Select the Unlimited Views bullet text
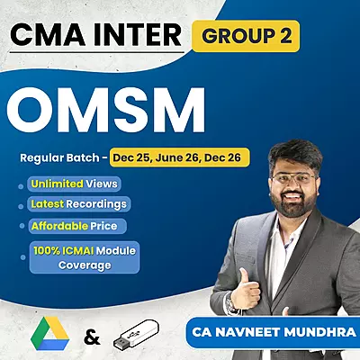73,184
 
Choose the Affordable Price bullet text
76,225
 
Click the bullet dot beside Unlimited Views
22,184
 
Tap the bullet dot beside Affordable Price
22,226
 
